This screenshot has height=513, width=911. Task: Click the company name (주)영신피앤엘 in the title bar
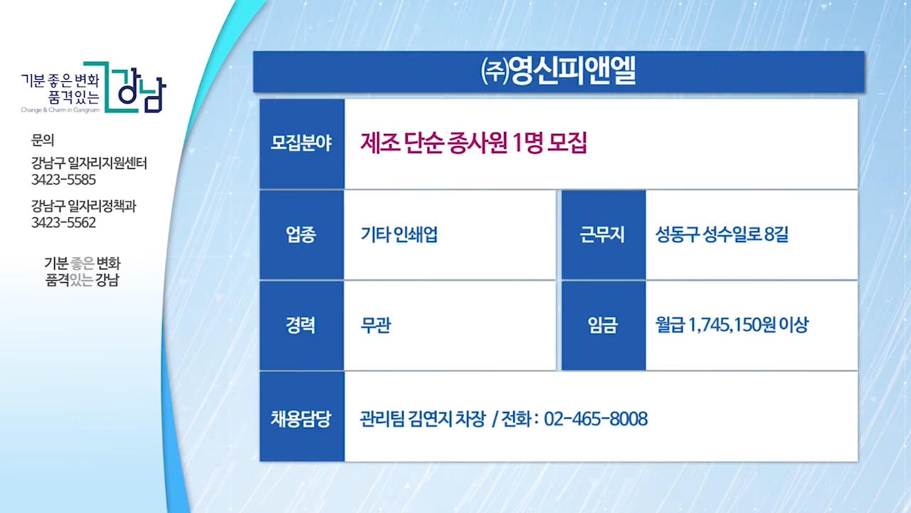click(x=558, y=71)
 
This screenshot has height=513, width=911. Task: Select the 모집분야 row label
click(x=301, y=144)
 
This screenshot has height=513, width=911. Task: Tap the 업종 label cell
click(x=301, y=235)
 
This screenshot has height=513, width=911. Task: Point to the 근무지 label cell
click(x=603, y=235)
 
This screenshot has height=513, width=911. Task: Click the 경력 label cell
click(x=301, y=326)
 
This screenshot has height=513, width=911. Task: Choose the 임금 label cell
click(x=603, y=326)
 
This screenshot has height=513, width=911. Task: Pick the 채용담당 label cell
click(x=301, y=417)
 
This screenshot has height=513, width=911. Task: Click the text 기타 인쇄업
click(x=399, y=234)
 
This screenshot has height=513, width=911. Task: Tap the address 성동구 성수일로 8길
click(x=722, y=234)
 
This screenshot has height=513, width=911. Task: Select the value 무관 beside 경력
click(x=375, y=326)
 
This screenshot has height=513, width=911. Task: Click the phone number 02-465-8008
click(x=596, y=419)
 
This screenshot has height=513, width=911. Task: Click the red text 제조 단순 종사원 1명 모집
click(x=473, y=143)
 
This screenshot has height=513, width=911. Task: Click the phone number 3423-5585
click(x=63, y=180)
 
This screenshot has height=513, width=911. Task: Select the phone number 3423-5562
click(x=63, y=223)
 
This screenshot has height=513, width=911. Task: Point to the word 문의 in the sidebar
click(x=42, y=140)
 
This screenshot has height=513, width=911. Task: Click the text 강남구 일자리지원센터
click(x=89, y=163)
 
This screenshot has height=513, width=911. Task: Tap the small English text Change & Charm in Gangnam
click(x=60, y=110)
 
